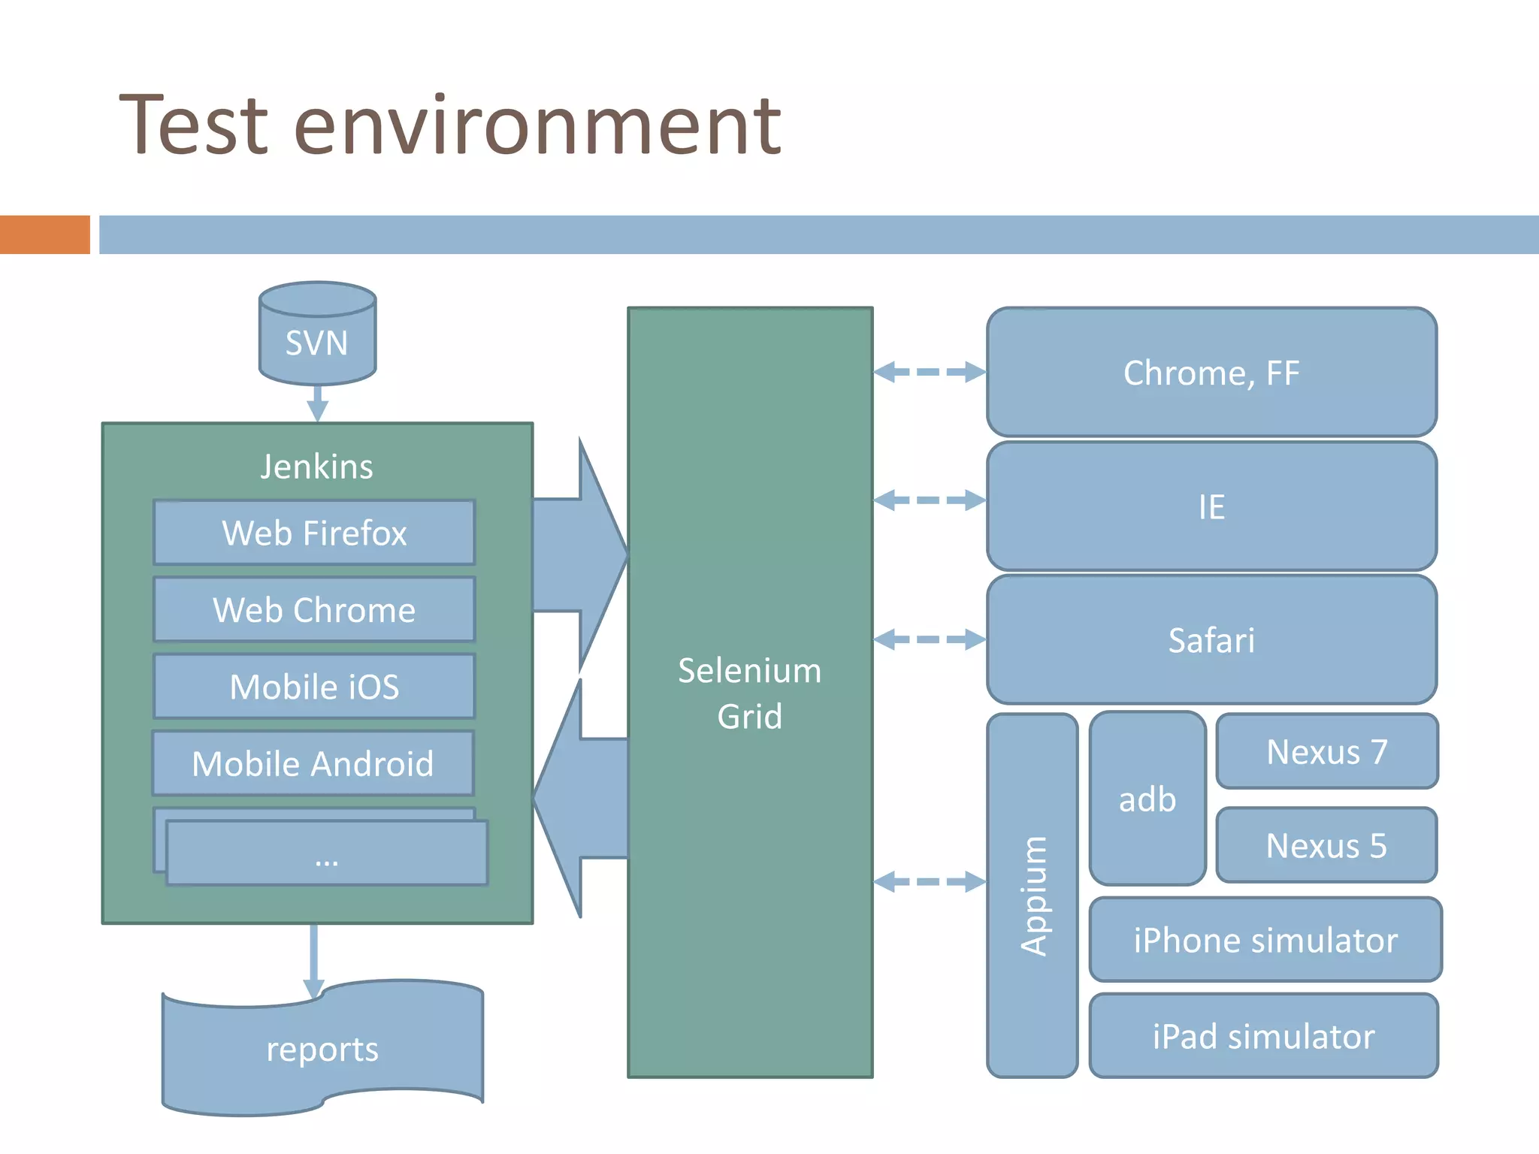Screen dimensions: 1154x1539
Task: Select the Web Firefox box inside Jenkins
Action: pos(314,533)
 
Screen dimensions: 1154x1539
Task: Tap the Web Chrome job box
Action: pos(314,609)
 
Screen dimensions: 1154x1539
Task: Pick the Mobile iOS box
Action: pos(314,687)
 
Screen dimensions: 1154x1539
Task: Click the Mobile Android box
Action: pos(313,763)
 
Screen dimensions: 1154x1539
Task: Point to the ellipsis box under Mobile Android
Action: pos(326,854)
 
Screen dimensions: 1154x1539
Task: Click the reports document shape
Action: pos(322,1049)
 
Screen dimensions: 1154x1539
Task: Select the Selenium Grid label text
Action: pos(749,693)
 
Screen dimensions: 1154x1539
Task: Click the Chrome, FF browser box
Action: pos(1211,373)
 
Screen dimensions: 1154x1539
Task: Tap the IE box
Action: pos(1211,506)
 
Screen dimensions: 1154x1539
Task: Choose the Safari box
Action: pos(1211,640)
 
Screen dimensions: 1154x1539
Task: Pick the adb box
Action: pos(1147,799)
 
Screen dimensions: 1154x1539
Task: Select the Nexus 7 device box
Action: pos(1326,751)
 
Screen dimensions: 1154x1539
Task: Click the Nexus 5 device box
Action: pos(1326,845)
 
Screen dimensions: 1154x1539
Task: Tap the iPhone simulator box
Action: pos(1265,940)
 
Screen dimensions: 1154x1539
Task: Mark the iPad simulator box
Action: pos(1264,1036)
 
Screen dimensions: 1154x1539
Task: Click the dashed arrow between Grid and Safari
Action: pos(930,639)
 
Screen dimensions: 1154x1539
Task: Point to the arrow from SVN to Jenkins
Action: pos(317,404)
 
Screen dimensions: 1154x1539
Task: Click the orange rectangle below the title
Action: pos(44,234)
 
